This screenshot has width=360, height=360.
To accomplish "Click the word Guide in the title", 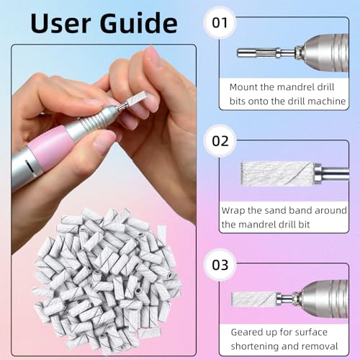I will [137, 23].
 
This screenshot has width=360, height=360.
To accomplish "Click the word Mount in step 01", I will [245, 86].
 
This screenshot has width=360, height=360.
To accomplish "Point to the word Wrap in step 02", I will [238, 211].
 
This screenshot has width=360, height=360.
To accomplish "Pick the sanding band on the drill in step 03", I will [255, 298].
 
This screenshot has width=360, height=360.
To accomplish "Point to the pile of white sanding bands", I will [108, 270].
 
